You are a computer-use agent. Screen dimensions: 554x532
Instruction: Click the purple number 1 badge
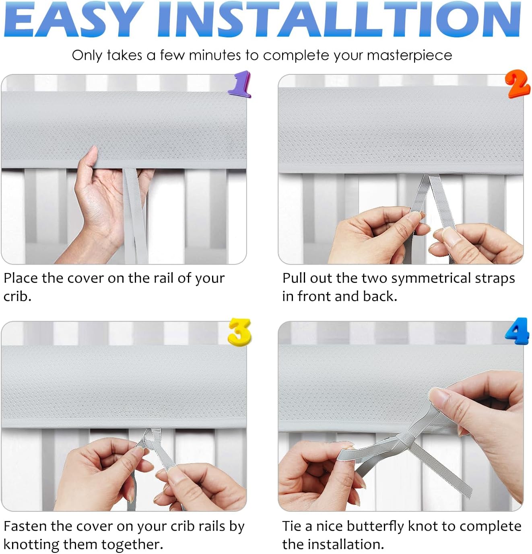pos(240,84)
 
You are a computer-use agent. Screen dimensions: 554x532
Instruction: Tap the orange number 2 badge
pos(518,84)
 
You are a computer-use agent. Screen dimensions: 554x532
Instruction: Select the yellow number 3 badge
pos(239,331)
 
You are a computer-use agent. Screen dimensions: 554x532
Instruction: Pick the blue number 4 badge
pos(517,330)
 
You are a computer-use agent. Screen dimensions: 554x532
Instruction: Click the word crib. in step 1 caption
pos(17,296)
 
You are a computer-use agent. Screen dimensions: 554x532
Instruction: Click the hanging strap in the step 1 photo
pos(135,217)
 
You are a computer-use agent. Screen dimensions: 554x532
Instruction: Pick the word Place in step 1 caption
pos(21,278)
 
